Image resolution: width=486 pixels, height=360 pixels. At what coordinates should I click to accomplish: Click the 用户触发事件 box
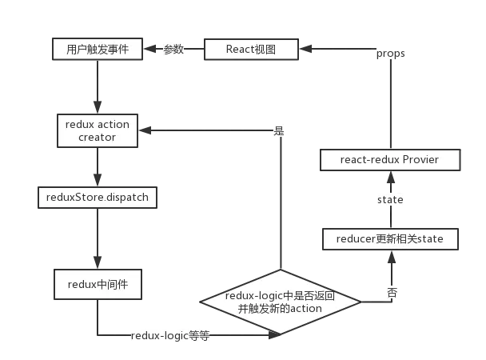pos(98,50)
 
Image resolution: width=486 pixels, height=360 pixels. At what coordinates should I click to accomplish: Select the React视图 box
pos(251,50)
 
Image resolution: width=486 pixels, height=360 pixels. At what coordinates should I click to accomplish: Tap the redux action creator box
pos(98,130)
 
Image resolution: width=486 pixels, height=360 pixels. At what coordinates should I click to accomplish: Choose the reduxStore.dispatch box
pos(98,196)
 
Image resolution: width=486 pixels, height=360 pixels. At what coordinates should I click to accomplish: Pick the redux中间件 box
pos(98,283)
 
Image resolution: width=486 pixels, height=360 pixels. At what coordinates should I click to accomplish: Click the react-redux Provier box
pos(389,160)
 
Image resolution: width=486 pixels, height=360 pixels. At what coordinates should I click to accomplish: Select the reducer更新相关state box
pos(391,238)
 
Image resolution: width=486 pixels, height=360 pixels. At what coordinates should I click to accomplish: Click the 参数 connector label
pos(173,50)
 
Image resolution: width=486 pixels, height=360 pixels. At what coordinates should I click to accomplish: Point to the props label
pos(391,54)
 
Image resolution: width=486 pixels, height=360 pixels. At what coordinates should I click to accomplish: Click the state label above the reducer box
pos(390,198)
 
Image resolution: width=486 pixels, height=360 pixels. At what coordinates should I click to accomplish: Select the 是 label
pos(279,130)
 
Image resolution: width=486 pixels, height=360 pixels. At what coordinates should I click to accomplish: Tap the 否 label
pos(392,293)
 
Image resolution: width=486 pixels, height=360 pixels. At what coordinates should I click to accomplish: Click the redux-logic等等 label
pos(169,337)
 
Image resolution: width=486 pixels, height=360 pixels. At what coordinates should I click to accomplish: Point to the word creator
pos(98,138)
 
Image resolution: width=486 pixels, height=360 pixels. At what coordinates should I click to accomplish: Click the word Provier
pos(420,160)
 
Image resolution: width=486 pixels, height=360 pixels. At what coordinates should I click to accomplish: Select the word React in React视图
pos(239,50)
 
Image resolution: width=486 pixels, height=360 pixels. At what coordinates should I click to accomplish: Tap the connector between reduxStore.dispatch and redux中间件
pos(97,237)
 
